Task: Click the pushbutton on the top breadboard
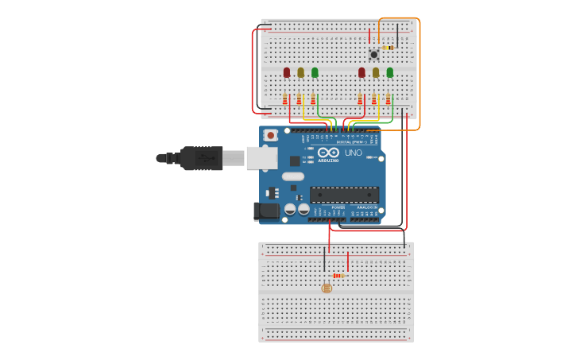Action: coord(373,54)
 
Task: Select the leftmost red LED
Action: coord(287,72)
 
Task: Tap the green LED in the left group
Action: coord(315,72)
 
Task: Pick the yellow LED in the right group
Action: coord(376,72)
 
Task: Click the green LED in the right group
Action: coord(389,72)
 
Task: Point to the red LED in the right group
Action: coord(361,72)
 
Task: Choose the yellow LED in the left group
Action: coord(300,72)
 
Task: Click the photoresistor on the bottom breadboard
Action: coord(327,288)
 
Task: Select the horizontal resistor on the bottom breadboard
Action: coord(338,276)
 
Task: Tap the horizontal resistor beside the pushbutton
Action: coord(388,48)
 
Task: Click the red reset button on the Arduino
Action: coord(271,136)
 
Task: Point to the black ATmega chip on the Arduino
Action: coord(344,195)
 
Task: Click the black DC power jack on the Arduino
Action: coord(266,211)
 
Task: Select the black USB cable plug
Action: coord(200,158)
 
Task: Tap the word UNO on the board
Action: coord(353,153)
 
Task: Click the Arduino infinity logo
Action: coord(329,152)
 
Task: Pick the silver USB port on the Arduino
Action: coord(261,158)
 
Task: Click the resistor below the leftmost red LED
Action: coord(285,99)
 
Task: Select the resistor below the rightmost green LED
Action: coord(389,99)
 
